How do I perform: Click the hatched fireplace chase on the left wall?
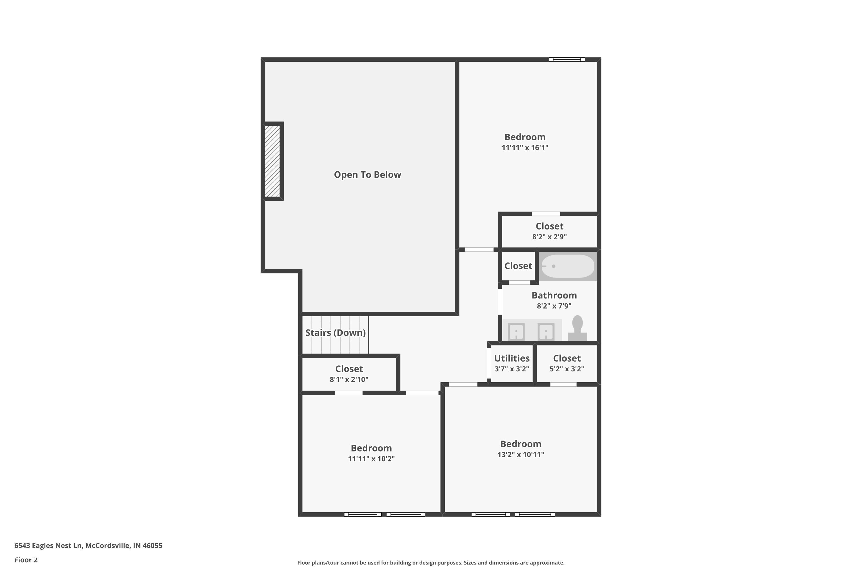click(272, 161)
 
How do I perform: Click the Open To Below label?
click(367, 174)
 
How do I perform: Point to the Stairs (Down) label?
click(335, 333)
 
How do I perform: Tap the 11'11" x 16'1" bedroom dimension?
click(525, 148)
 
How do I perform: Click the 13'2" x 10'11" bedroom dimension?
click(520, 455)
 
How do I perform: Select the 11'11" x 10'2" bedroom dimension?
click(371, 459)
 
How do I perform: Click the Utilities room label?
click(512, 358)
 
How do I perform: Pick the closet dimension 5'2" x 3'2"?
click(567, 369)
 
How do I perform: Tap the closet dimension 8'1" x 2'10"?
click(349, 380)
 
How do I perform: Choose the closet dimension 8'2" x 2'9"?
click(549, 237)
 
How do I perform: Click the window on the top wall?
click(567, 59)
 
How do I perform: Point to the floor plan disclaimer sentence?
click(431, 563)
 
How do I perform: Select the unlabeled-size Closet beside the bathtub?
click(518, 266)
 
